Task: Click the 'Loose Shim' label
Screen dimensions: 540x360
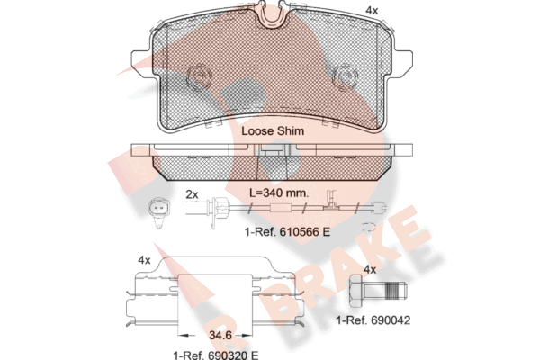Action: (x=273, y=130)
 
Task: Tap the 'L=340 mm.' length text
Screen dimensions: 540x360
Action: (x=279, y=193)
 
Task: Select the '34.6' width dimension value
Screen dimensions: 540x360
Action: (x=220, y=335)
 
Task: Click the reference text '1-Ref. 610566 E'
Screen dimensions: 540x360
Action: (x=288, y=232)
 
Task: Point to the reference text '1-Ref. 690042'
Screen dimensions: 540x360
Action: (x=373, y=320)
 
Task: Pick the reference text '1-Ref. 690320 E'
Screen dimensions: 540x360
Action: (x=216, y=355)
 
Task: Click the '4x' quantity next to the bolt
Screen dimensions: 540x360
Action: (x=370, y=269)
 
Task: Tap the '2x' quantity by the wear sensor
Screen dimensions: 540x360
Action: (x=193, y=194)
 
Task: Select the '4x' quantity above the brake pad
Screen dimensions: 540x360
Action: (x=372, y=11)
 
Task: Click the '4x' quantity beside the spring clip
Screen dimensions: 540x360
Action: (x=144, y=260)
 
